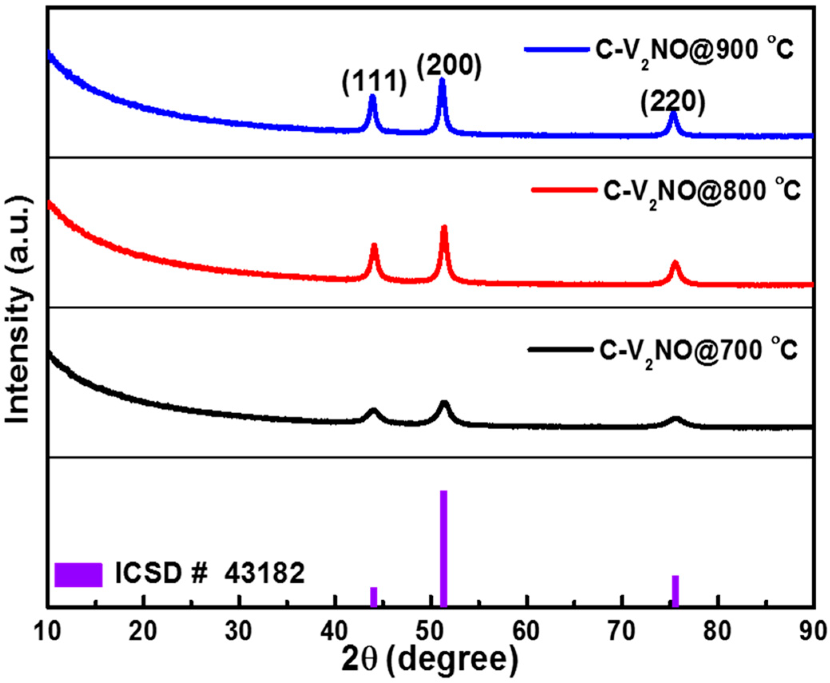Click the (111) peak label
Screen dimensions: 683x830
(374, 82)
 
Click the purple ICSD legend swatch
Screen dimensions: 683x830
(78, 575)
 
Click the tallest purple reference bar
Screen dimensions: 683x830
(443, 548)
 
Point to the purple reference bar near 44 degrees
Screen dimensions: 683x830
(374, 597)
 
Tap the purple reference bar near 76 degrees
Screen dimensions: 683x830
(675, 591)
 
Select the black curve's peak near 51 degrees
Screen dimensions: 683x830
(444, 403)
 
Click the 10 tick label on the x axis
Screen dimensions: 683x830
(48, 632)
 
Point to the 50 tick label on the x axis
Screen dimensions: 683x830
(431, 632)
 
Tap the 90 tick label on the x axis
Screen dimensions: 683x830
(813, 632)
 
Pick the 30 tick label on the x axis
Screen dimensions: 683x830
(239, 632)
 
